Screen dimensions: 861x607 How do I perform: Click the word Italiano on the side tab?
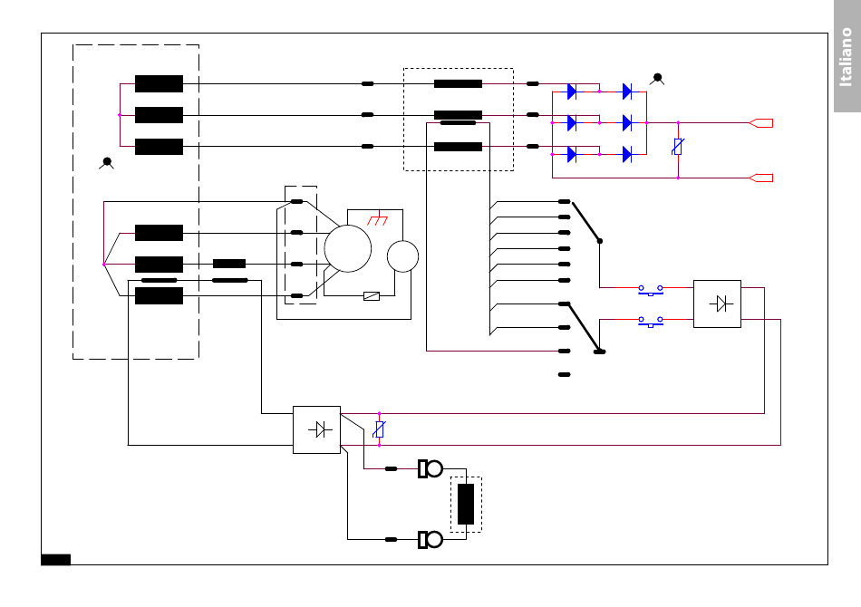click(x=846, y=57)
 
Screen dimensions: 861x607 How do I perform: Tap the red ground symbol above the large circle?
click(x=378, y=220)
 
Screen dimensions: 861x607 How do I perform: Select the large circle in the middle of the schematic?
click(x=348, y=248)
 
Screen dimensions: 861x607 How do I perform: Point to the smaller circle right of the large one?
click(x=402, y=256)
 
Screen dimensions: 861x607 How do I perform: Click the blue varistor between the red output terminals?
click(x=678, y=147)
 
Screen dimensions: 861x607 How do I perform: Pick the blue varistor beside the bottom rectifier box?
click(x=379, y=429)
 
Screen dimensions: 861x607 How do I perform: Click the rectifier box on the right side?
click(x=717, y=304)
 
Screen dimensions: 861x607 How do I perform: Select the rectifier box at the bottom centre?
click(x=317, y=429)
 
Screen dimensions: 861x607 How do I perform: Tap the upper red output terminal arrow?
click(x=761, y=123)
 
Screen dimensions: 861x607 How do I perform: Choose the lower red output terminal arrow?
click(x=761, y=178)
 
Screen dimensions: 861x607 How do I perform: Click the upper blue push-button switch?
click(x=651, y=290)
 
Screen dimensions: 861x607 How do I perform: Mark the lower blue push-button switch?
click(x=651, y=322)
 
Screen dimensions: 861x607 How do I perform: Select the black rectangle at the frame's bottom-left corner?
click(x=56, y=559)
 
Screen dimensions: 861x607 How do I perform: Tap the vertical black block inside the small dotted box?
click(x=466, y=504)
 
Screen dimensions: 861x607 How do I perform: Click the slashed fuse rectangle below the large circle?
click(x=372, y=296)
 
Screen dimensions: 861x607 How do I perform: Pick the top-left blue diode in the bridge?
click(x=572, y=92)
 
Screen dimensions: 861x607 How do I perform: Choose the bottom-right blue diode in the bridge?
click(x=627, y=155)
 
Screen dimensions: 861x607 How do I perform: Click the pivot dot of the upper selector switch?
click(x=600, y=241)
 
